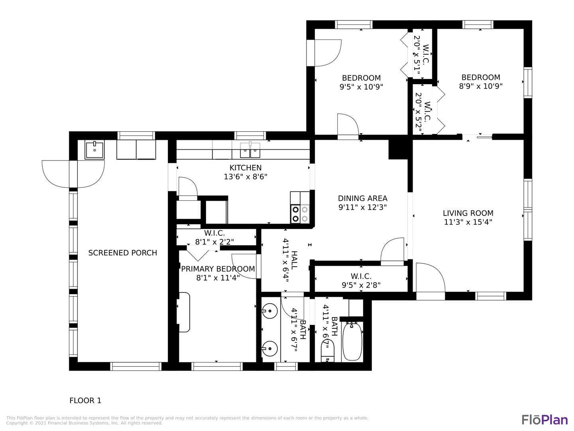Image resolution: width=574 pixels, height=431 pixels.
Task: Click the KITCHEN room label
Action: [x=245, y=168]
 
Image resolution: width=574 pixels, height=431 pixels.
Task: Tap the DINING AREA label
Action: [x=362, y=198]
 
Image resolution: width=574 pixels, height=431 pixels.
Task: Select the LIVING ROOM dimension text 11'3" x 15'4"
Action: [x=468, y=222]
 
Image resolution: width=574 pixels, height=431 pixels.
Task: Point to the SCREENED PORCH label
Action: [x=123, y=253]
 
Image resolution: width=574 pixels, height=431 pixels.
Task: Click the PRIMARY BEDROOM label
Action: [x=218, y=269]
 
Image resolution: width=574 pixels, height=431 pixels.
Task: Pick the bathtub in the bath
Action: [x=352, y=341]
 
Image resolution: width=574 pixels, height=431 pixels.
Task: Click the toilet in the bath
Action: [x=328, y=351]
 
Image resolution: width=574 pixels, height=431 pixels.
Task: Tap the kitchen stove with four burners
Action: [x=300, y=214]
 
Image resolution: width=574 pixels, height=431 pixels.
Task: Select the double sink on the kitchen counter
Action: [x=250, y=150]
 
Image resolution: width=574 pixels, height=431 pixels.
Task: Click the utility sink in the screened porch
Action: [x=94, y=150]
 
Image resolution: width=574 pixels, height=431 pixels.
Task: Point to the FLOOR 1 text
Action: [x=85, y=401]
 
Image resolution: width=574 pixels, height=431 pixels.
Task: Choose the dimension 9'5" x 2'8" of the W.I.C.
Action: [x=361, y=285]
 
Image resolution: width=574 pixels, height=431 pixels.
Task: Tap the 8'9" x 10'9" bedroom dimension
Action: [x=481, y=86]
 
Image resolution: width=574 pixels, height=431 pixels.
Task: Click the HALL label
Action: [x=294, y=260]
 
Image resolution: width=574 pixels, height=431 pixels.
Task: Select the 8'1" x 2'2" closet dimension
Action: [x=214, y=241]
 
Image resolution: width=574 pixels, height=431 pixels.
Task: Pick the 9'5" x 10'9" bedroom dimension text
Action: [x=361, y=87]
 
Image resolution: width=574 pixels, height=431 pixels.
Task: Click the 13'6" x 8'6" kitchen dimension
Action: [x=245, y=177]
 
